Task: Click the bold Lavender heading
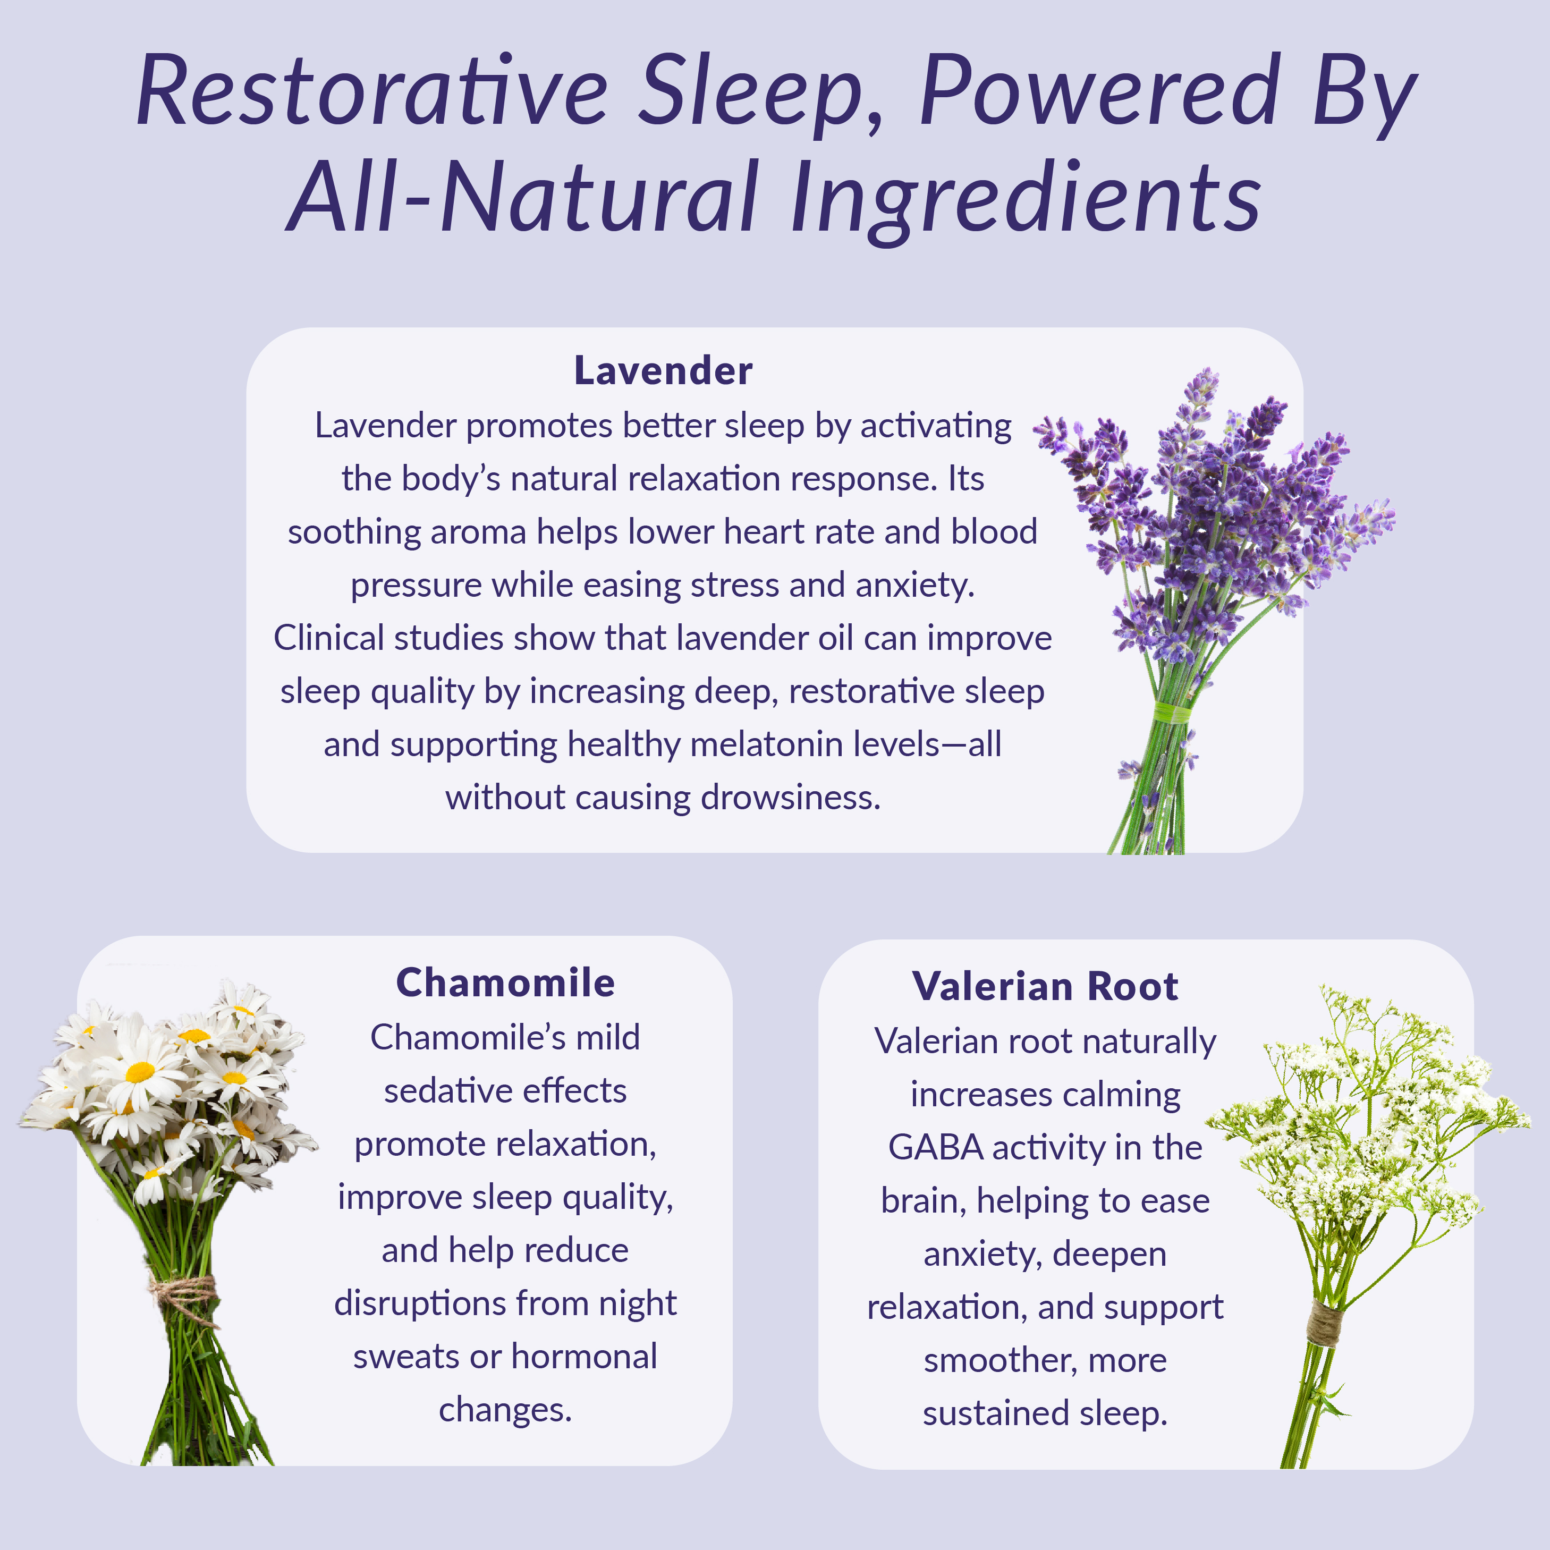click(x=663, y=371)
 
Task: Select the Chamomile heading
click(x=505, y=983)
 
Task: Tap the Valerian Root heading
click(x=1045, y=986)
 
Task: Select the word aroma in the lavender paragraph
click(x=477, y=532)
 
